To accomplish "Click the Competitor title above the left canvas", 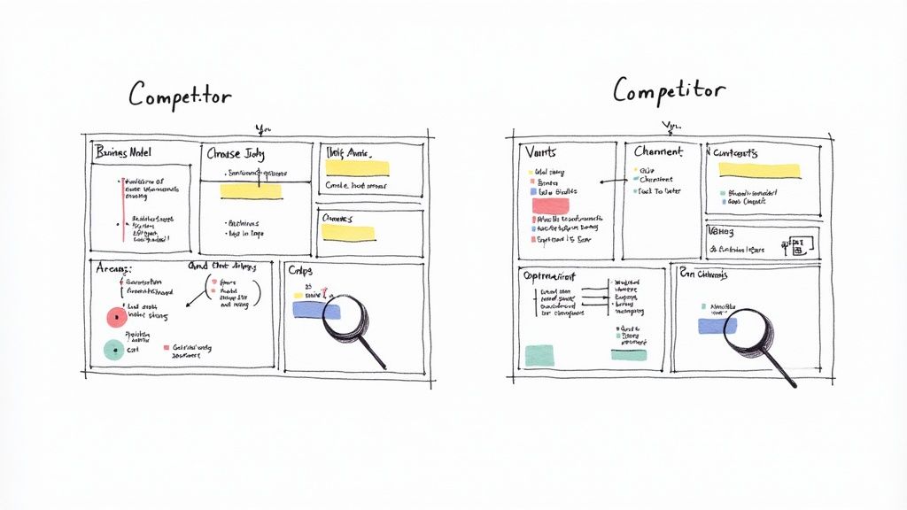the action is (180, 95).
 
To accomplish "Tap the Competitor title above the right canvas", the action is (669, 89).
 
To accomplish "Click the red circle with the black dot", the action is (116, 316).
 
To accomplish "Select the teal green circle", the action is (112, 349).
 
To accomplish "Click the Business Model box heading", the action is (123, 151).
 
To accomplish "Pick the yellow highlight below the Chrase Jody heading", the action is (251, 190).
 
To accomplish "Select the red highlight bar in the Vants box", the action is (550, 205).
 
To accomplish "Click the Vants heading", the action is (540, 152).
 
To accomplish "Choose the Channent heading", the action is (659, 152).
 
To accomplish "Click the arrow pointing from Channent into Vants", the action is (614, 182).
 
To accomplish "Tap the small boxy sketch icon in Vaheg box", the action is (795, 245).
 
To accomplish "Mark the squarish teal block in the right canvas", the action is (539, 355).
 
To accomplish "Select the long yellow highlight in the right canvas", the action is (758, 170).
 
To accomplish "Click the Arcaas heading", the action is (113, 268).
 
